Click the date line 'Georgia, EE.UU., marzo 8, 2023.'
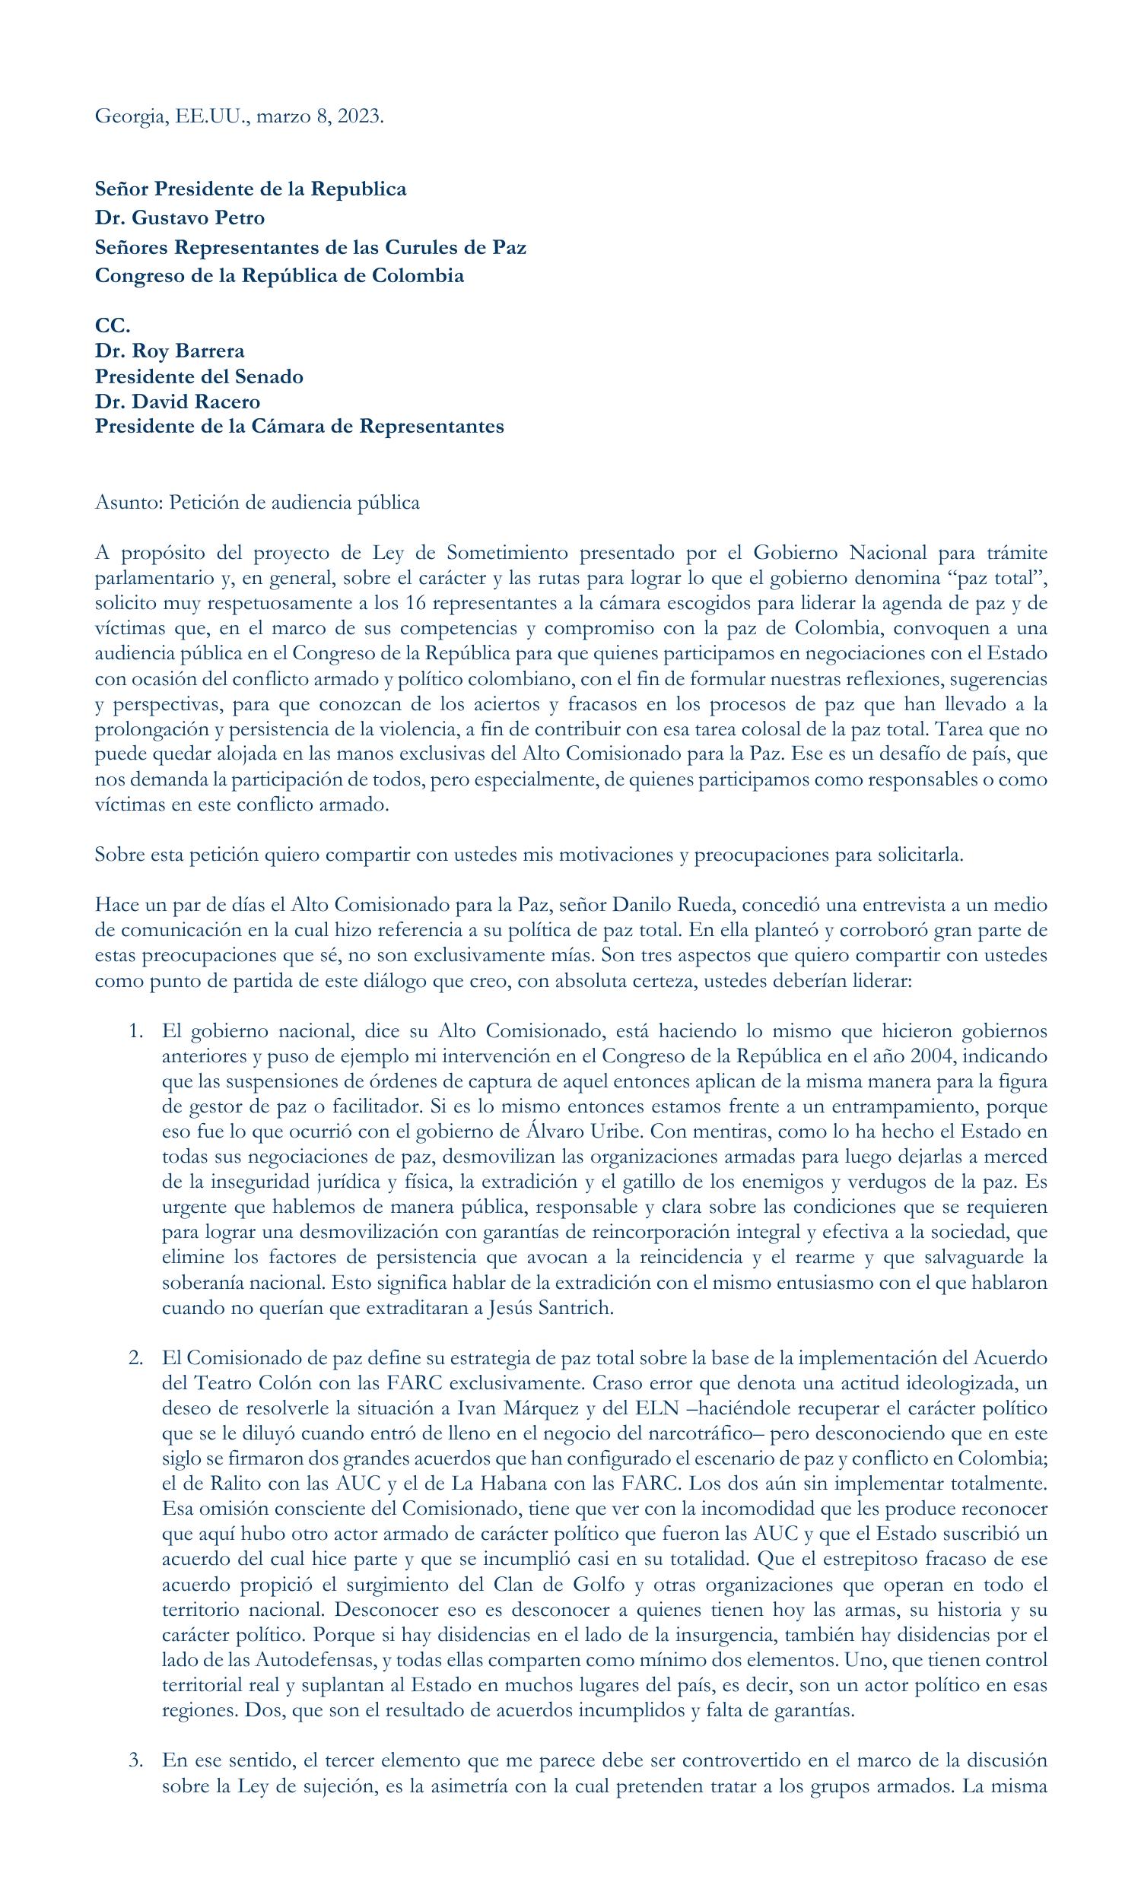pyautogui.click(x=239, y=116)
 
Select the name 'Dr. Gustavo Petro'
pyautogui.click(x=180, y=218)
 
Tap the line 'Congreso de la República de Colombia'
pyautogui.click(x=279, y=275)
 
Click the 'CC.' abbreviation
pyautogui.click(x=112, y=325)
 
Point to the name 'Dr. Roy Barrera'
pyautogui.click(x=170, y=351)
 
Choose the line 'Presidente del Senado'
pyautogui.click(x=199, y=376)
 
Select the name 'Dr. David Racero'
pyautogui.click(x=177, y=401)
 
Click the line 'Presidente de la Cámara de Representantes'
pyautogui.click(x=299, y=427)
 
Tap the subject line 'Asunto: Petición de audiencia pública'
pyautogui.click(x=257, y=503)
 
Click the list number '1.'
pyautogui.click(x=135, y=1031)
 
